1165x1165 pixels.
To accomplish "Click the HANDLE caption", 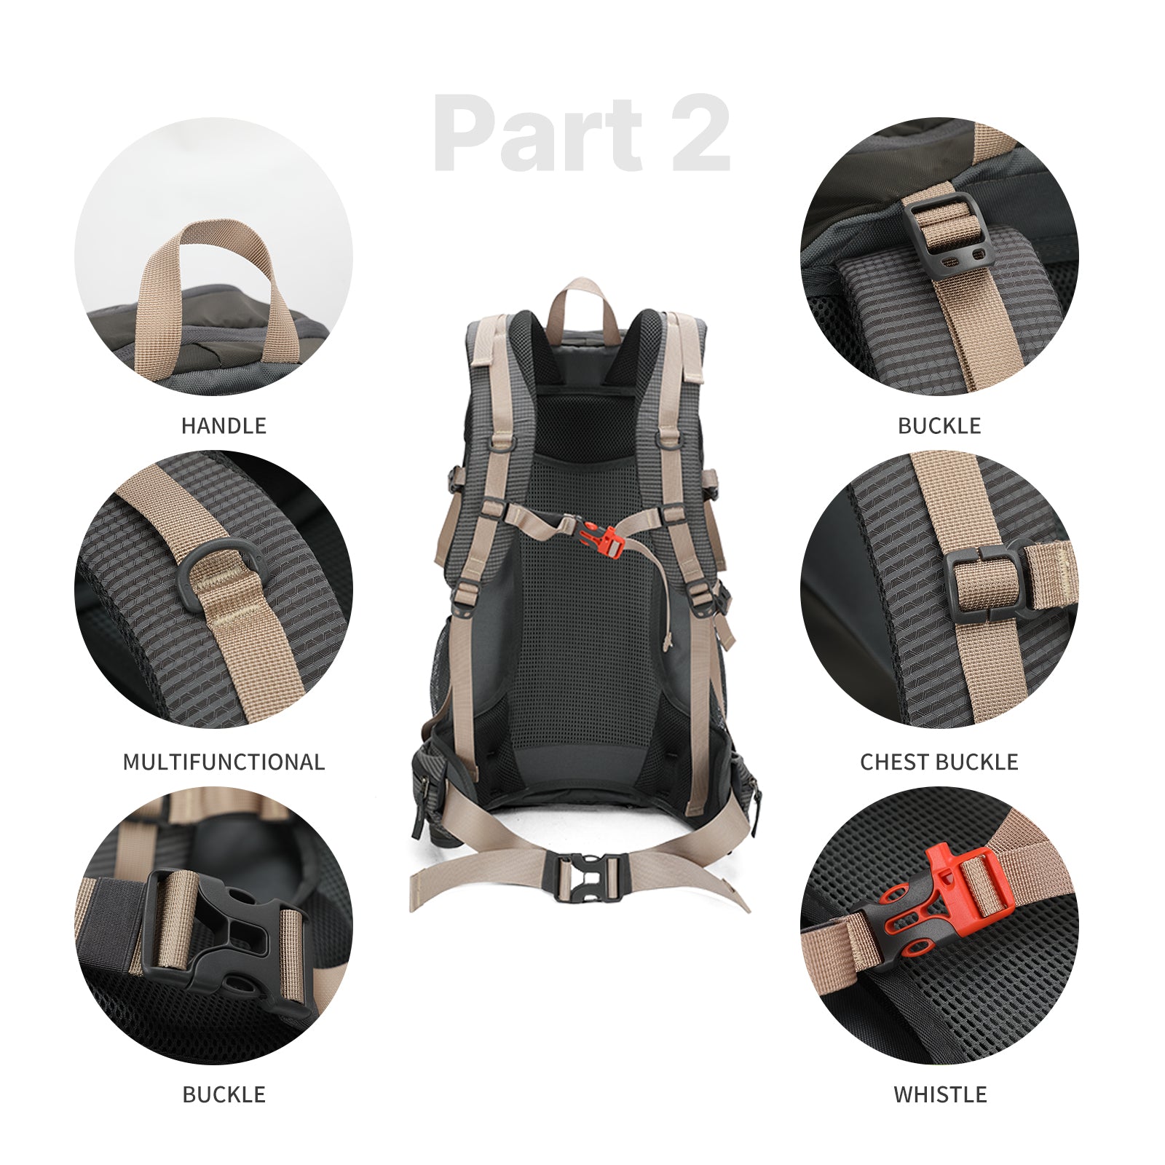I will (224, 425).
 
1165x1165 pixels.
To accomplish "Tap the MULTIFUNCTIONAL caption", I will (224, 762).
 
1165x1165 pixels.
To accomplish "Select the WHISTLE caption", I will (940, 1094).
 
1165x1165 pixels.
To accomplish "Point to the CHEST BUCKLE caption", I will (939, 762).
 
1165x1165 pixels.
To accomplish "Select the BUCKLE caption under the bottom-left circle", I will (224, 1094).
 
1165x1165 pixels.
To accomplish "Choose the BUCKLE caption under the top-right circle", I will (939, 425).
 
